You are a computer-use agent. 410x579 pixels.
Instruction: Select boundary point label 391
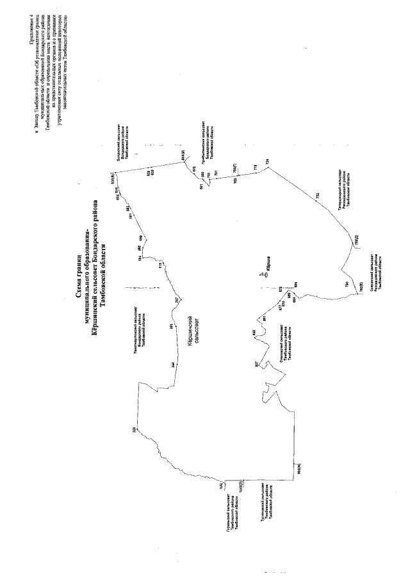(x=171, y=326)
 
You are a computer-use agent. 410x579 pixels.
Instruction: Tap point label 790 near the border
(x=346, y=283)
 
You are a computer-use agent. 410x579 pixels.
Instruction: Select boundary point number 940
(x=254, y=331)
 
